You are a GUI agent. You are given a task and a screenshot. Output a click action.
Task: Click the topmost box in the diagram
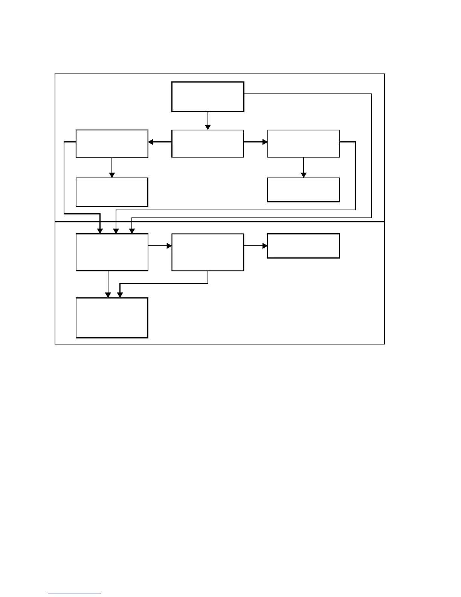[208, 97]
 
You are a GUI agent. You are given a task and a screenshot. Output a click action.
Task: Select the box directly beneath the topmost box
[208, 144]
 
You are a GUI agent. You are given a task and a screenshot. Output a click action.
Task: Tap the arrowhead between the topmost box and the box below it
[208, 127]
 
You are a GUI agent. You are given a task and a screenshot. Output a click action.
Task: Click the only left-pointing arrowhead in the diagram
[151, 142]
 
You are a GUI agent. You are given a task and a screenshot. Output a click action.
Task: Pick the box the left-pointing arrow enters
[112, 144]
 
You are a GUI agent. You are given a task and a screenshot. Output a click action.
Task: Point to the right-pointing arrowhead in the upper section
[265, 142]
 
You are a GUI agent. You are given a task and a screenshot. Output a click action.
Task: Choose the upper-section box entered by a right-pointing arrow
[304, 144]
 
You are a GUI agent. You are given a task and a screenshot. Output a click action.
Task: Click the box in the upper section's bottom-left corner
[112, 192]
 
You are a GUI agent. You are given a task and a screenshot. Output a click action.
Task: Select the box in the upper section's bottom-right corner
[304, 190]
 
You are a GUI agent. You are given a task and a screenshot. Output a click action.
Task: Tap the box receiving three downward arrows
[112, 252]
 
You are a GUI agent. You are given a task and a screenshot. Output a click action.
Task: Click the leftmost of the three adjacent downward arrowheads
[100, 231]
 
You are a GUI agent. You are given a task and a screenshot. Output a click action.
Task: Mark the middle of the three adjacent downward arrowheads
[116, 231]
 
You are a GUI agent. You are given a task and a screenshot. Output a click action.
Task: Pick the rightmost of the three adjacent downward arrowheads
[132, 231]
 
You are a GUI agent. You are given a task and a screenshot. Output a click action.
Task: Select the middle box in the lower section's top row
[208, 252]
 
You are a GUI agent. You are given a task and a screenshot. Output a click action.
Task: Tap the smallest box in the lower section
[304, 246]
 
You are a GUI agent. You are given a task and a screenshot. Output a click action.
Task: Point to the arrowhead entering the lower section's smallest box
[265, 246]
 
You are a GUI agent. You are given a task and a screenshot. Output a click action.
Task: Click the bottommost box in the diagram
[112, 318]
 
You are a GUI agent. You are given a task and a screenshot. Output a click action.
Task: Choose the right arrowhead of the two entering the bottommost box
[120, 295]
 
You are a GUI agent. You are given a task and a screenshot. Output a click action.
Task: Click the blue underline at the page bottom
[75, 594]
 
